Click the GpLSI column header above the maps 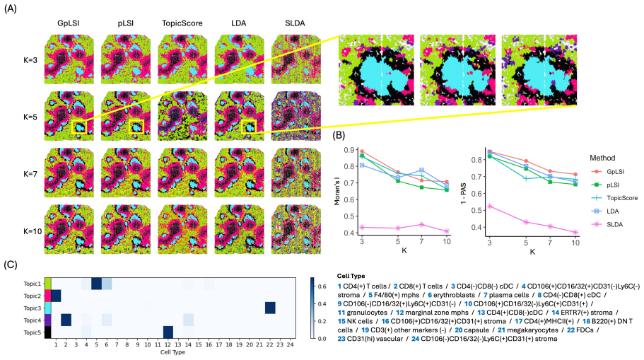[68, 23]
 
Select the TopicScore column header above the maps [182, 23]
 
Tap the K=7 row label [30, 174]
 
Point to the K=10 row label [33, 231]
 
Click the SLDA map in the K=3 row [295, 59]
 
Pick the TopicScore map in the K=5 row [182, 116]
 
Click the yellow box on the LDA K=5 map [249, 126]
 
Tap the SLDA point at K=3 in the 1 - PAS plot [490, 207]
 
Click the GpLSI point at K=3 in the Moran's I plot [362, 151]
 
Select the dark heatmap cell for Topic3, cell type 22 [270, 308]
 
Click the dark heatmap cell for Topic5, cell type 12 [168, 332]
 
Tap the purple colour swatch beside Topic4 [48, 320]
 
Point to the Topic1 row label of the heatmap [33, 284]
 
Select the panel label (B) [339, 135]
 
